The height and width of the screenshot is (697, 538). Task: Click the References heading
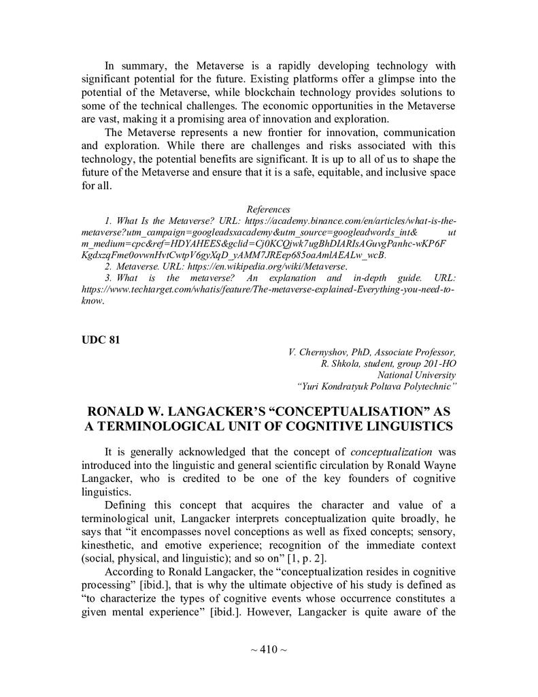[x=268, y=209]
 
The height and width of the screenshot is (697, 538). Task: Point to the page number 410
[x=269, y=649]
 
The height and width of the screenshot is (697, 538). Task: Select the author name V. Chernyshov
[x=322, y=352]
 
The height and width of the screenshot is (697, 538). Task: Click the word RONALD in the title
[x=118, y=412]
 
